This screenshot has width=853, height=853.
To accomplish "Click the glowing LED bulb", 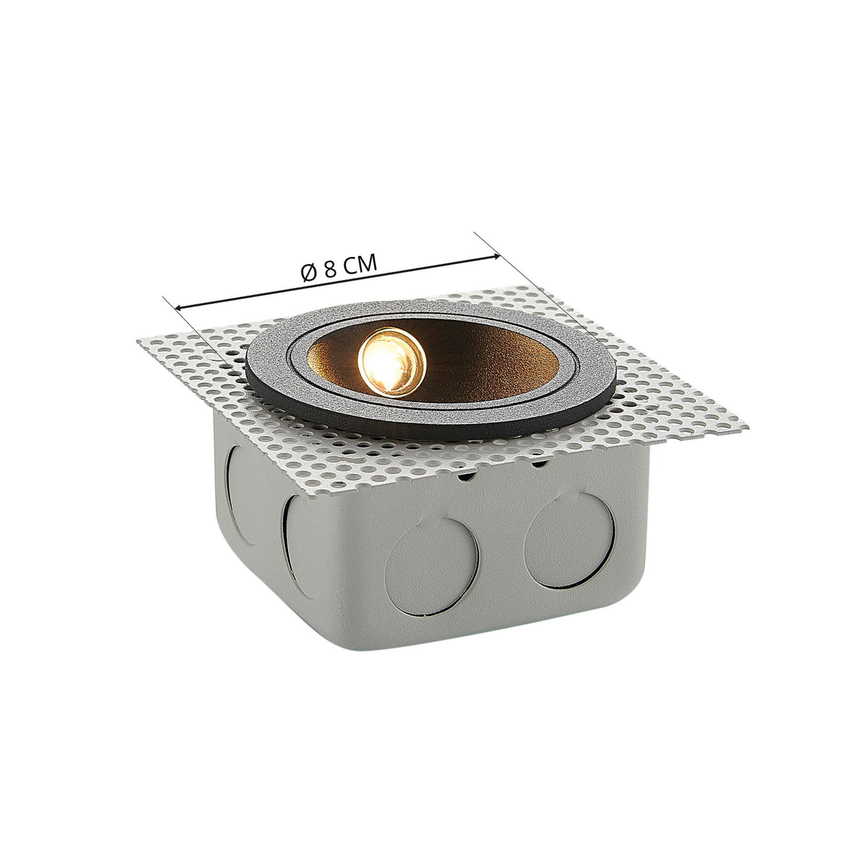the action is (392, 361).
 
